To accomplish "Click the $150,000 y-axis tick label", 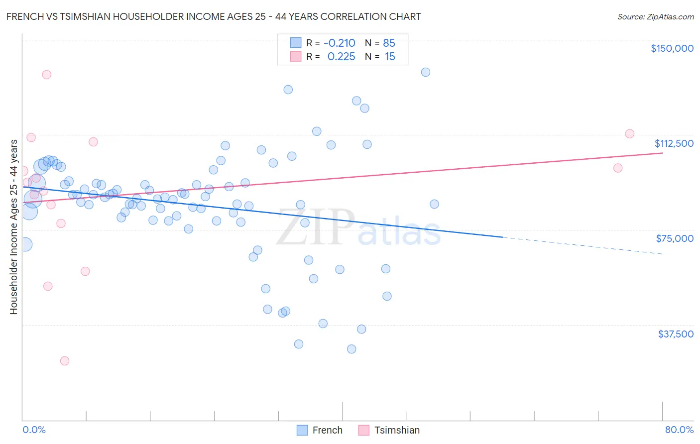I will (x=672, y=48).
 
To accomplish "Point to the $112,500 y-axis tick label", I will (x=674, y=143).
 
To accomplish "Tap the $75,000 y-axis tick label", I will (x=675, y=238).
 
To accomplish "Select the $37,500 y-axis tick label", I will (x=676, y=334).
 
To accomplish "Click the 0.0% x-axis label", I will (x=34, y=430).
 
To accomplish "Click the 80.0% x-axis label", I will (x=679, y=430).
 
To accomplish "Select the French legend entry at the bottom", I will (x=320, y=430).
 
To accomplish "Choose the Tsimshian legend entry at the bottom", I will (x=389, y=430).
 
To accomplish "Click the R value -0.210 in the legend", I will (x=339, y=43).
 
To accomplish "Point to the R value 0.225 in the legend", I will (x=341, y=57).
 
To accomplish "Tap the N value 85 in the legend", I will (x=389, y=43).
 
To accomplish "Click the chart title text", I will (x=214, y=16).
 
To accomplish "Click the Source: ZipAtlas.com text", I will (x=655, y=16).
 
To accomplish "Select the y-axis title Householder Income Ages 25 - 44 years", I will (x=13, y=227).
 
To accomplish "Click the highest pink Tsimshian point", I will (x=47, y=75).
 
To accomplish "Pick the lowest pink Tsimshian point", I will (x=65, y=361).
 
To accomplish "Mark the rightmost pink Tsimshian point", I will (x=629, y=134).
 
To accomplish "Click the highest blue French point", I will (x=426, y=72).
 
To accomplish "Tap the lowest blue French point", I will (x=351, y=349).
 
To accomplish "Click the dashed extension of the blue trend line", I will (x=583, y=245).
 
